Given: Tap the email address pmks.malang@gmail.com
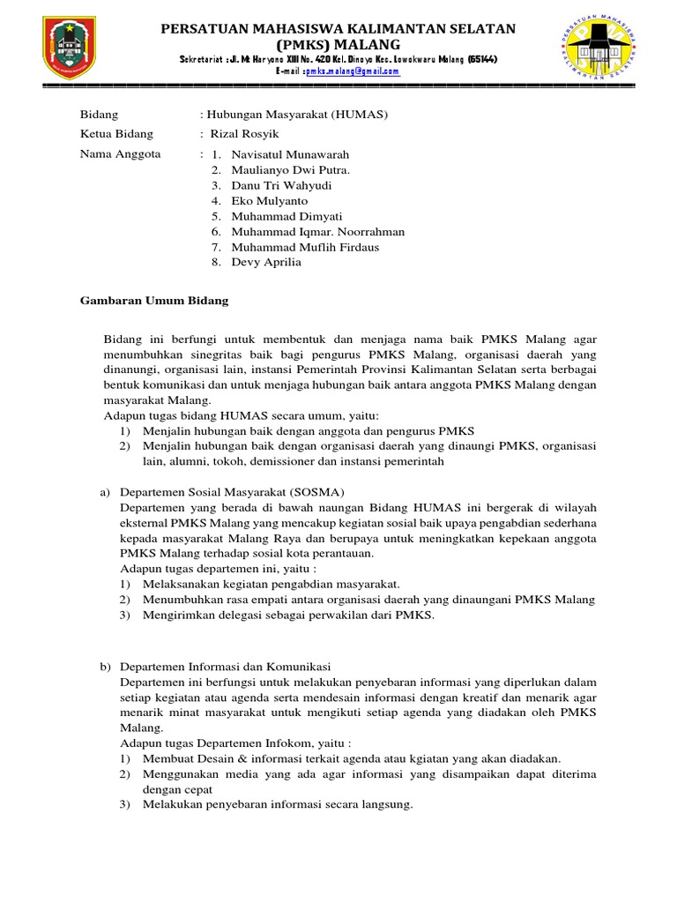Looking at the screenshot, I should point(352,71).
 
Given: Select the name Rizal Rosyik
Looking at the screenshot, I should point(243,134).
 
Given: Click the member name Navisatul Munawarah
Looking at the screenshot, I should point(288,153).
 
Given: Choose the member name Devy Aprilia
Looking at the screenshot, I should point(266,262).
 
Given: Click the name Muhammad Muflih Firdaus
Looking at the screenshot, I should point(305,247).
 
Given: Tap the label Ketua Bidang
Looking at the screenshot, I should point(116,134).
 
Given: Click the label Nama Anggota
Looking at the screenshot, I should point(120,153).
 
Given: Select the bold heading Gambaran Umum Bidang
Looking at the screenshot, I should point(154,301).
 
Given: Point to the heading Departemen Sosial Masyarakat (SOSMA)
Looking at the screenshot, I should point(232,491).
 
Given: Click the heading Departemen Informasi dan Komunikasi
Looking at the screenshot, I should point(225,666).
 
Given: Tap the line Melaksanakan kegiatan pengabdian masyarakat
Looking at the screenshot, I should point(272,584).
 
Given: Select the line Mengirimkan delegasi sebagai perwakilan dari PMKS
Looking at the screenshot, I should point(289,615).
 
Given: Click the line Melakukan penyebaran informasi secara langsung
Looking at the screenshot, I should point(278,804).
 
